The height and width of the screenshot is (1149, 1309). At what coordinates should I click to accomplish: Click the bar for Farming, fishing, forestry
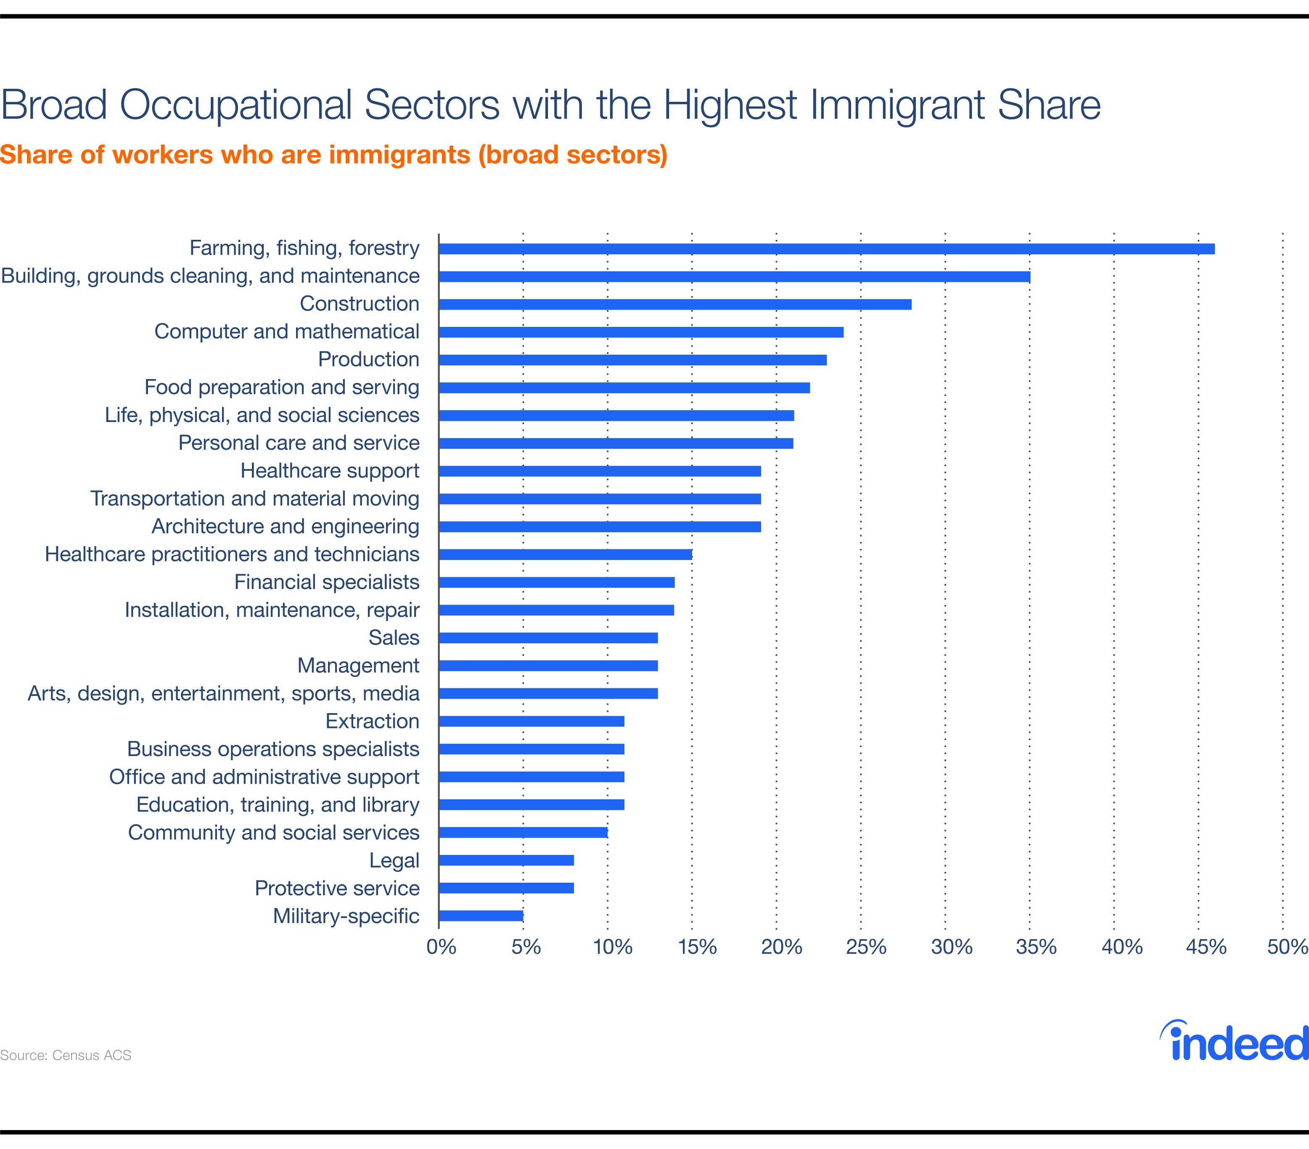826,249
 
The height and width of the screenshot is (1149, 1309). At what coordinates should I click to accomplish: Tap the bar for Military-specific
481,916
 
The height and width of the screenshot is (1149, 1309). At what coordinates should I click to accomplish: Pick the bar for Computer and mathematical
641,332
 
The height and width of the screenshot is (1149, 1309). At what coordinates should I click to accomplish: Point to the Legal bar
506,860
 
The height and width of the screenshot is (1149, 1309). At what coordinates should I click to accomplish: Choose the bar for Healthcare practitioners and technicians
566,555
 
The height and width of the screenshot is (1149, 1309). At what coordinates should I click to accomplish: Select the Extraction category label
372,721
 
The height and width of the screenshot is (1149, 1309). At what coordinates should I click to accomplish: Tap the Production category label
368,359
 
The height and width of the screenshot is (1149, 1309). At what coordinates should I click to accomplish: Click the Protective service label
337,888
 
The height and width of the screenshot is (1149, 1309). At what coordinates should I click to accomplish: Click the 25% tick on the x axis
865,947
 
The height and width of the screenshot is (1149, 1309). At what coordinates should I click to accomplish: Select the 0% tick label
441,947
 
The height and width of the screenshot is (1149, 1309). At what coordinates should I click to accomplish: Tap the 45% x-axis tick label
1205,947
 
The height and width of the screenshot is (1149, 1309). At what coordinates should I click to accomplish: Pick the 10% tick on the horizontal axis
612,947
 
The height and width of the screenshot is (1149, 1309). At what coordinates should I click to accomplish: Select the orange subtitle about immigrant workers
333,155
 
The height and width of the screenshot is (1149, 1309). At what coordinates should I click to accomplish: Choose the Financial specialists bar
556,582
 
